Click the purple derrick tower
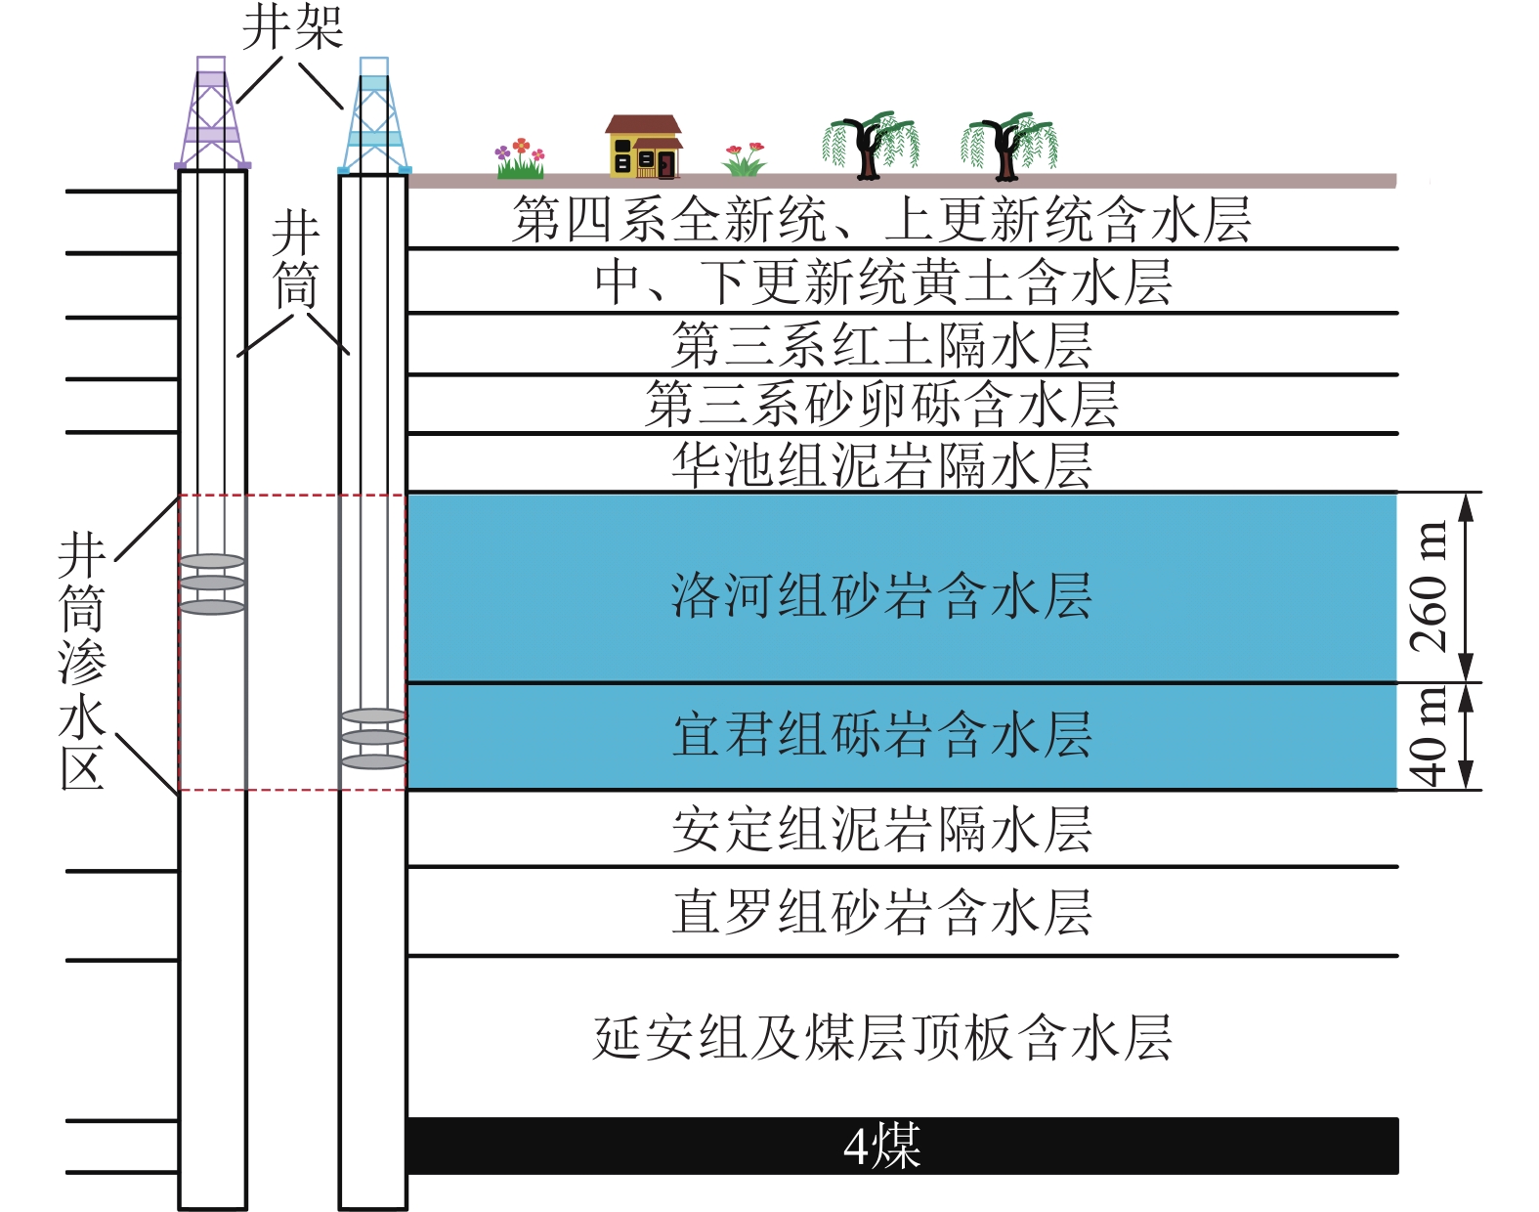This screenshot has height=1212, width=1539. tap(212, 115)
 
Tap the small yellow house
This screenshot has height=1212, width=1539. tap(643, 148)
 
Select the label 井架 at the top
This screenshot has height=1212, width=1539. tap(292, 26)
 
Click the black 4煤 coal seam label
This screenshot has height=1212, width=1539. tap(881, 1146)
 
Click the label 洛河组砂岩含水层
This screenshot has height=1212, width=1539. tap(881, 595)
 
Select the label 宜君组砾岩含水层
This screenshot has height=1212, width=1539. tap(881, 734)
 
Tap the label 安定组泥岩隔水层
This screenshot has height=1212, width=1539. tap(881, 830)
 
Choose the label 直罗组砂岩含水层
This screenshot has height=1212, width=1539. tap(881, 912)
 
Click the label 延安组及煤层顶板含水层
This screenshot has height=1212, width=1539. tap(881, 1037)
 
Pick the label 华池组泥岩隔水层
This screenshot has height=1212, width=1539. tap(881, 465)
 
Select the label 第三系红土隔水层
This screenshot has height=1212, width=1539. tap(881, 345)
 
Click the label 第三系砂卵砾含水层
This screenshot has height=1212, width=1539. tap(881, 405)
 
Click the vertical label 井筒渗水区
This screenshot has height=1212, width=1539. tap(81, 662)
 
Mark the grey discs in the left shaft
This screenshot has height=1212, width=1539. tap(212, 584)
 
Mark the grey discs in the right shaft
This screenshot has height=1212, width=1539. tap(373, 738)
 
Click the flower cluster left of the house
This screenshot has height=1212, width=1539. tap(520, 158)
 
